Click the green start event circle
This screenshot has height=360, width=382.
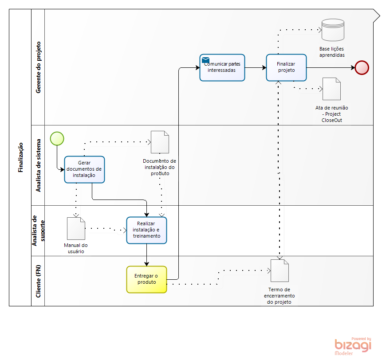[57, 138]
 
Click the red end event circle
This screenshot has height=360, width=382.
[362, 67]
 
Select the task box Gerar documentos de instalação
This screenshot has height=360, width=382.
[84, 169]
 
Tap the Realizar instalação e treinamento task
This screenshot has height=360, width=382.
[146, 230]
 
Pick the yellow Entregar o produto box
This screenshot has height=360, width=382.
[146, 279]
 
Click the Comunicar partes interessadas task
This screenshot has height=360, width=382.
[222, 67]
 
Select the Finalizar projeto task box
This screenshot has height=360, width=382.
[286, 67]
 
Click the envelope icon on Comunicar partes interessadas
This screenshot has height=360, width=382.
[205, 60]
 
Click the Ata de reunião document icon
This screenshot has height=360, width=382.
[331, 89]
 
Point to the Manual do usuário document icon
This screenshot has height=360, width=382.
[76, 228]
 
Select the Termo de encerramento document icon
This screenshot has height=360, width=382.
[280, 270]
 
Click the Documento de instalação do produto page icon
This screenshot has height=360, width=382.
[160, 142]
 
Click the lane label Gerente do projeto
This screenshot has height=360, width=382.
[38, 67]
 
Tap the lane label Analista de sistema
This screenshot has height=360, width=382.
[38, 165]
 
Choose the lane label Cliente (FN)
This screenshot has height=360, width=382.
[38, 281]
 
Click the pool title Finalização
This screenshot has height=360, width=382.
[20, 157]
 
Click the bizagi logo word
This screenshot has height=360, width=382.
[353, 345]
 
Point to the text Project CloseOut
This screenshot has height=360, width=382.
[332, 117]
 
